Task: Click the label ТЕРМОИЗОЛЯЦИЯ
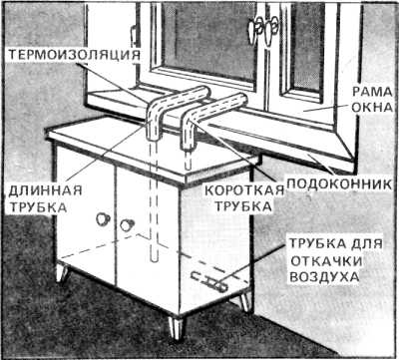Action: coord(74,55)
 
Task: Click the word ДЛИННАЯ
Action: coord(45,191)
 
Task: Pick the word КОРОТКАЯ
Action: coord(244,191)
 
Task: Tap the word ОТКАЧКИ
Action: coord(326,261)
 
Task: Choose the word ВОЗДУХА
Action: coord(324,277)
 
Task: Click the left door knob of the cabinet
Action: coord(103,218)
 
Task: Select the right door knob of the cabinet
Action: coord(127,225)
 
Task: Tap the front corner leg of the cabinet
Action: coord(176,328)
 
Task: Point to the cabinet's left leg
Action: coord(63,272)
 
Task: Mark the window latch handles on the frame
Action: coord(262,31)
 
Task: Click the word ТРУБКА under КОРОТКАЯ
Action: coord(243,206)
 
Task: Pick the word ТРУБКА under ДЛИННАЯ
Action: coord(38,206)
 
